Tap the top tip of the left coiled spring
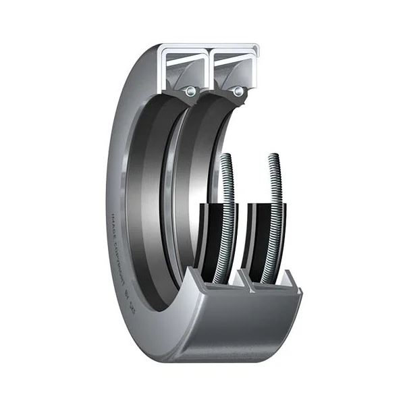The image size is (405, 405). coord(227,157)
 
